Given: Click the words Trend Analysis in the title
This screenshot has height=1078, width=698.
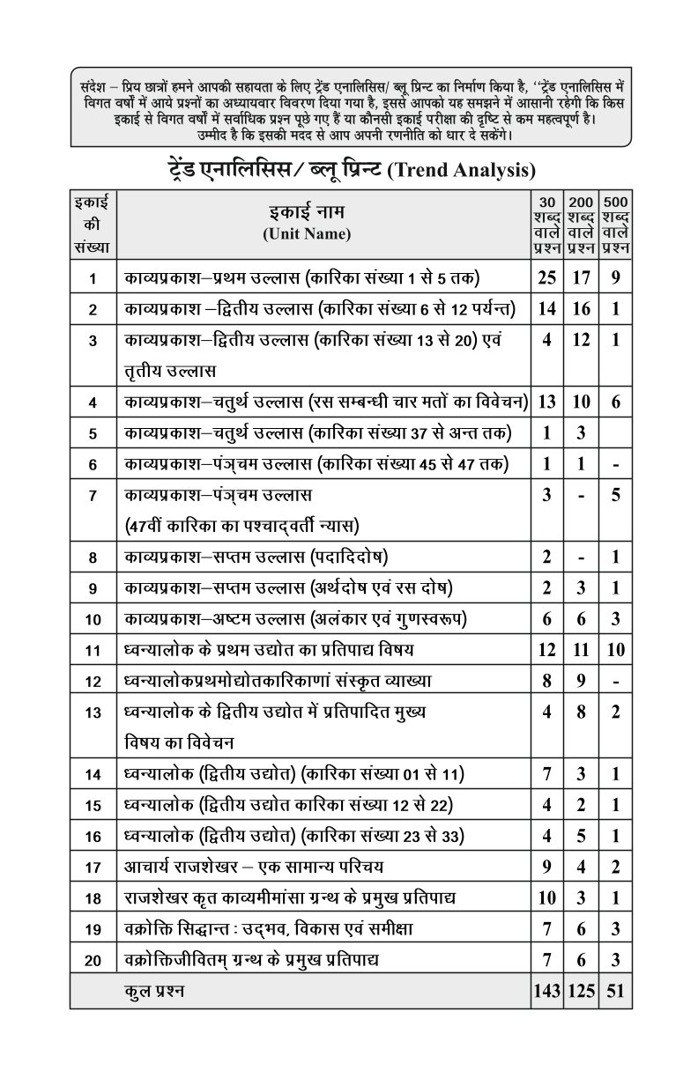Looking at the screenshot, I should pos(462,167).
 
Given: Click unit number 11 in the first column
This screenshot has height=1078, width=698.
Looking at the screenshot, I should pos(93,651).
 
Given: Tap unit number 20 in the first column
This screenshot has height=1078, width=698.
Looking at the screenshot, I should pos(93,959).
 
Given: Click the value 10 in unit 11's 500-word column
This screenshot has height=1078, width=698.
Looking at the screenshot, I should pos(616,650).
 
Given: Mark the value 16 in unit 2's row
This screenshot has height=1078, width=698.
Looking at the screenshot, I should pos(581,309).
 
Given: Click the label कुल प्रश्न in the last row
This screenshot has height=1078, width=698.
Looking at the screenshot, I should pos(155,991).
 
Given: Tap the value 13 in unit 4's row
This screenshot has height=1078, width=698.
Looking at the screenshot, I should pos(546,402).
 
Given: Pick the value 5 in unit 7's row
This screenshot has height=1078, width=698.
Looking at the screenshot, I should pos(616,494).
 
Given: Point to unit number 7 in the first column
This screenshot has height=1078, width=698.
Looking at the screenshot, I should pos(93,495).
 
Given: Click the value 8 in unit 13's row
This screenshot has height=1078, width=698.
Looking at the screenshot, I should pos(581,713).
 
